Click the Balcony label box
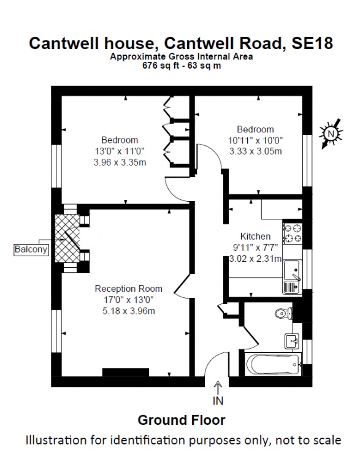(31, 249)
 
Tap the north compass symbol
(331, 134)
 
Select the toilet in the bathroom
(283, 313)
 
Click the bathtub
(274, 364)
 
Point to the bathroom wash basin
(291, 341)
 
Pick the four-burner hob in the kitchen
(293, 234)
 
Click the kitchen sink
(292, 276)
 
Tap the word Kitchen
(255, 236)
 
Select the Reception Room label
(129, 289)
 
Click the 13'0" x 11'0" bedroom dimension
(120, 151)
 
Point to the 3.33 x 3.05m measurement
(256, 151)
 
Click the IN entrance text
(218, 401)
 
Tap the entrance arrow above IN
(218, 388)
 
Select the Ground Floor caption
(182, 421)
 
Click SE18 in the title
(312, 43)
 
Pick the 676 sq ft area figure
(159, 66)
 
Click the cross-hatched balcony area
(67, 238)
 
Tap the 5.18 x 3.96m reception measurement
(129, 311)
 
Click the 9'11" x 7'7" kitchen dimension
(256, 248)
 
